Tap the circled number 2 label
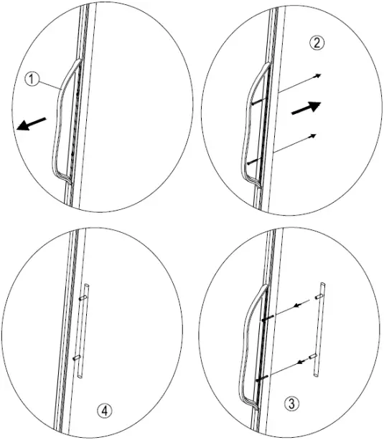pos(317,42)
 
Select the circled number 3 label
pos(292,403)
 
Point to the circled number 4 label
pos(104,411)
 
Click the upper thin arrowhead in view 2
pos(318,75)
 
